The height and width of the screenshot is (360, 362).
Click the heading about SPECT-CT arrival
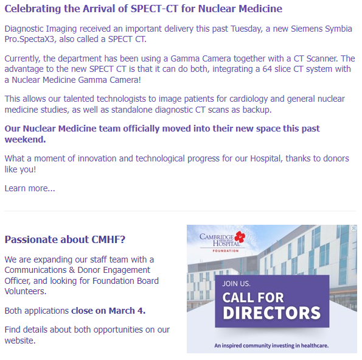143,9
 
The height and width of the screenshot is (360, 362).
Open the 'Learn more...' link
30,188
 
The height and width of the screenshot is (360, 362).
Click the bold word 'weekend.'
25,139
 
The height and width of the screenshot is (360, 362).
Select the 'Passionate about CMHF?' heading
65,239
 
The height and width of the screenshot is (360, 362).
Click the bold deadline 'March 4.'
125,311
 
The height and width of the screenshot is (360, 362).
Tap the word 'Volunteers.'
25,291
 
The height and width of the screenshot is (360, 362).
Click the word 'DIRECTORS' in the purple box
271,314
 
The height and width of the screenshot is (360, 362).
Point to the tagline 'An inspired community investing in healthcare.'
271,345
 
